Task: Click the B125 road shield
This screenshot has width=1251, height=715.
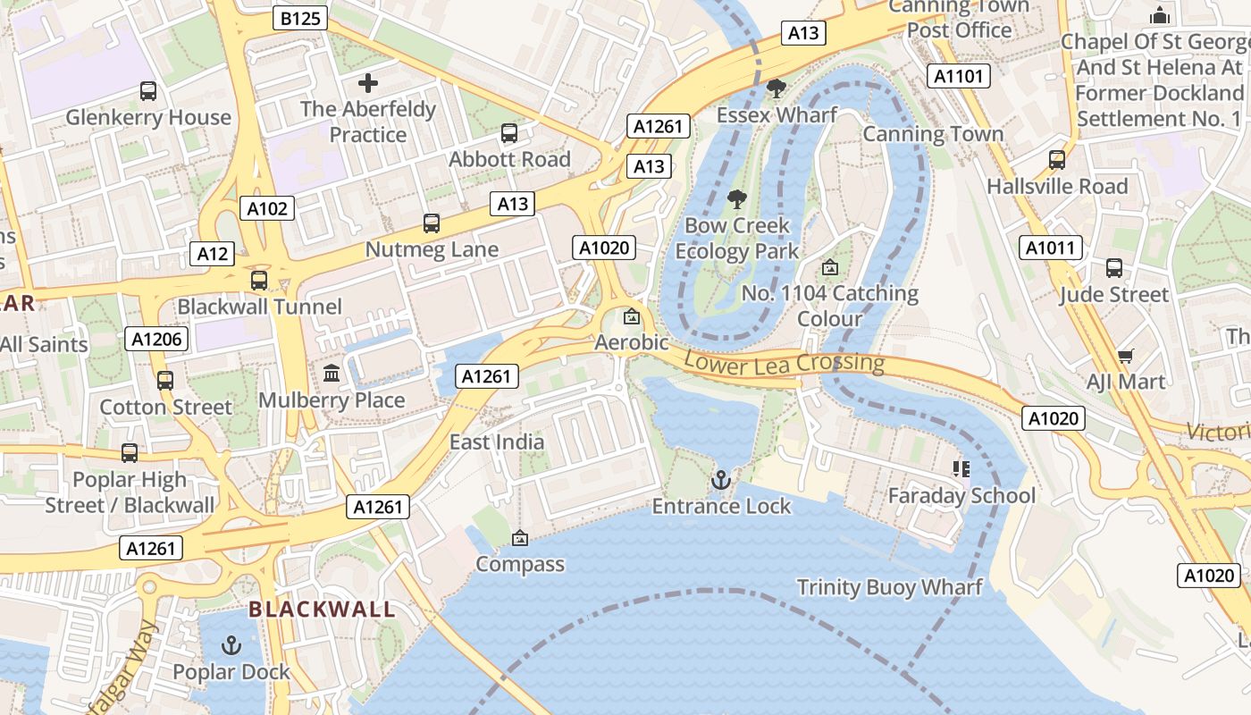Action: click(300, 18)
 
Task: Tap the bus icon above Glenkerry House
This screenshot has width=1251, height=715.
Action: click(148, 90)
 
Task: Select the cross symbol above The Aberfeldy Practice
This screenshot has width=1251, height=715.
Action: click(368, 83)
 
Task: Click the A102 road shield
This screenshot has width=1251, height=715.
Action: click(267, 209)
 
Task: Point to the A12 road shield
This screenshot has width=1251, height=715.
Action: click(212, 254)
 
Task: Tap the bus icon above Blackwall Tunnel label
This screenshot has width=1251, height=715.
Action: click(259, 280)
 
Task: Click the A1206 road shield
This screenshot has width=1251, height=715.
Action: click(156, 339)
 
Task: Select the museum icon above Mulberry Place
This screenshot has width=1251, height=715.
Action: click(332, 373)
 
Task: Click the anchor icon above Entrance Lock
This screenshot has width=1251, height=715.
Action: click(720, 481)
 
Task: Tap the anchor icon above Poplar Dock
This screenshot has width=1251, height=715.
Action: click(231, 644)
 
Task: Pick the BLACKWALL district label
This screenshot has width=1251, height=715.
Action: click(322, 610)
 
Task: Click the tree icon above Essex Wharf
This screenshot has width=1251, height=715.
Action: click(777, 88)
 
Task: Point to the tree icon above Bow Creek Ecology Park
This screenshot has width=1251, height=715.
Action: click(736, 198)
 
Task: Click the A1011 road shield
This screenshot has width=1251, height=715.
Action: click(1050, 248)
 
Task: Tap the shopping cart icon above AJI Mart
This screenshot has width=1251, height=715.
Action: click(1126, 356)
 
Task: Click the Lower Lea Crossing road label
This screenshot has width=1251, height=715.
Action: click(784, 363)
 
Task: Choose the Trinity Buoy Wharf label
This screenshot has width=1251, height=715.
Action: click(889, 587)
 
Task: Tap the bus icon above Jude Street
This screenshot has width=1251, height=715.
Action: click(1114, 267)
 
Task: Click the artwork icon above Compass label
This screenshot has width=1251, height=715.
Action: click(519, 538)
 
